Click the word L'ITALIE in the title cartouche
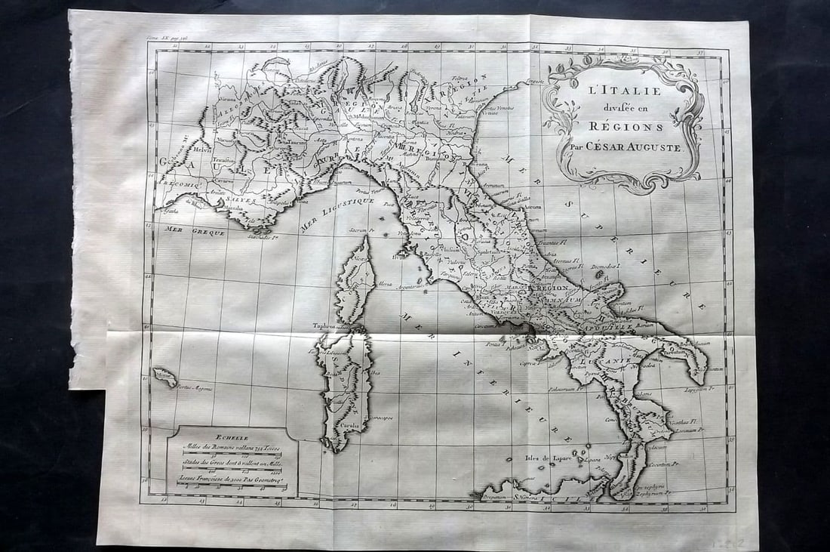click(x=613, y=91)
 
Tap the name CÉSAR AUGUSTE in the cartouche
click(x=638, y=147)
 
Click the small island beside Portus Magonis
click(x=164, y=375)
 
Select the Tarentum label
click(x=676, y=351)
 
